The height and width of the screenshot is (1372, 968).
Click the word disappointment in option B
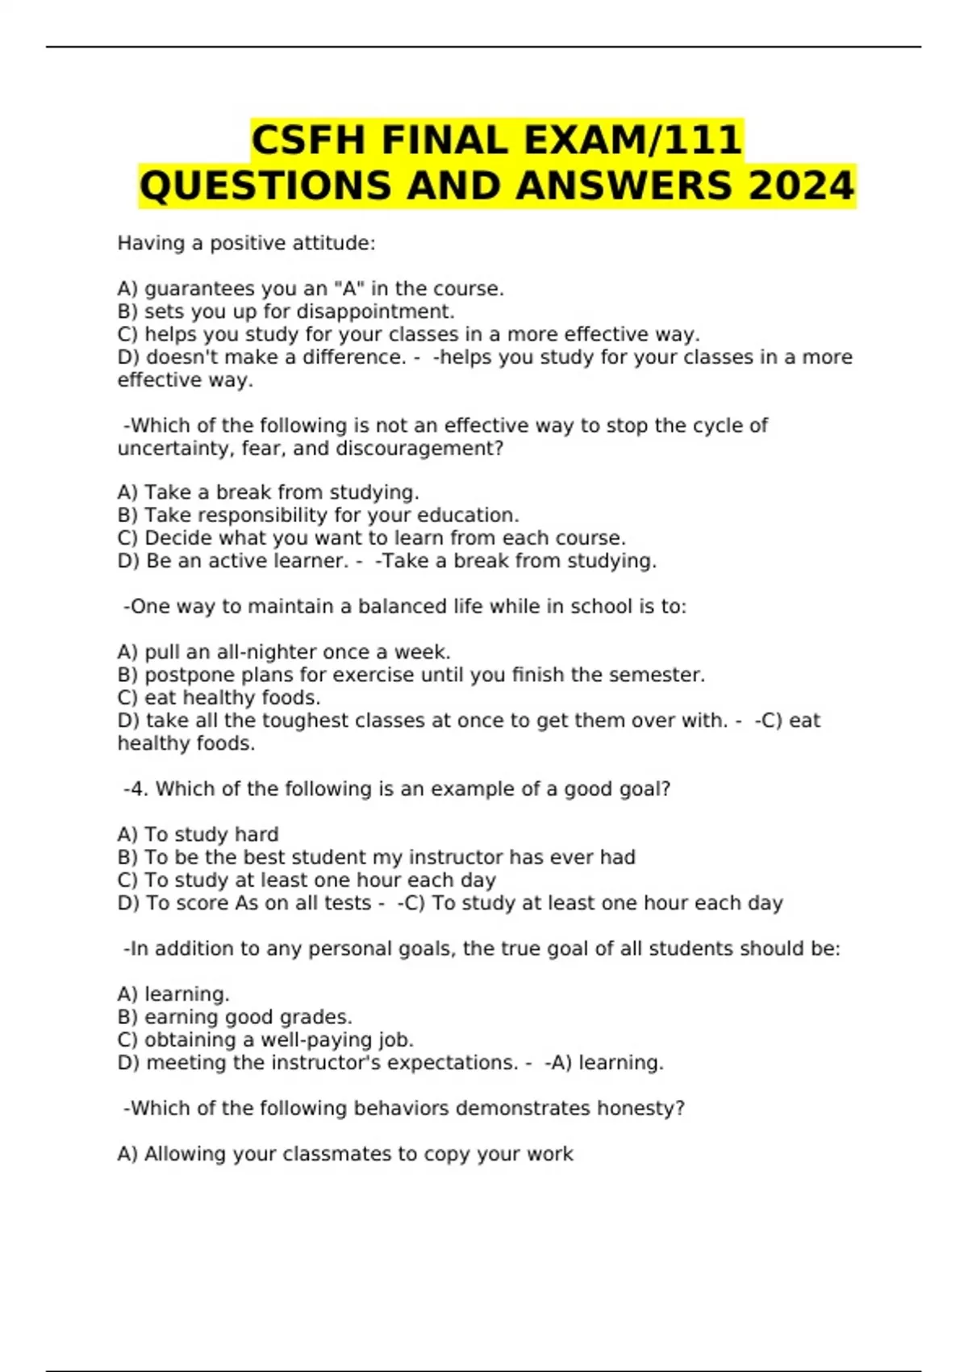click(x=375, y=312)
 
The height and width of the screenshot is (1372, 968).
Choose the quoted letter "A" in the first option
click(x=348, y=289)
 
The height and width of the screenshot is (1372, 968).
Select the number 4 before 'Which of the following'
click(x=138, y=788)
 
